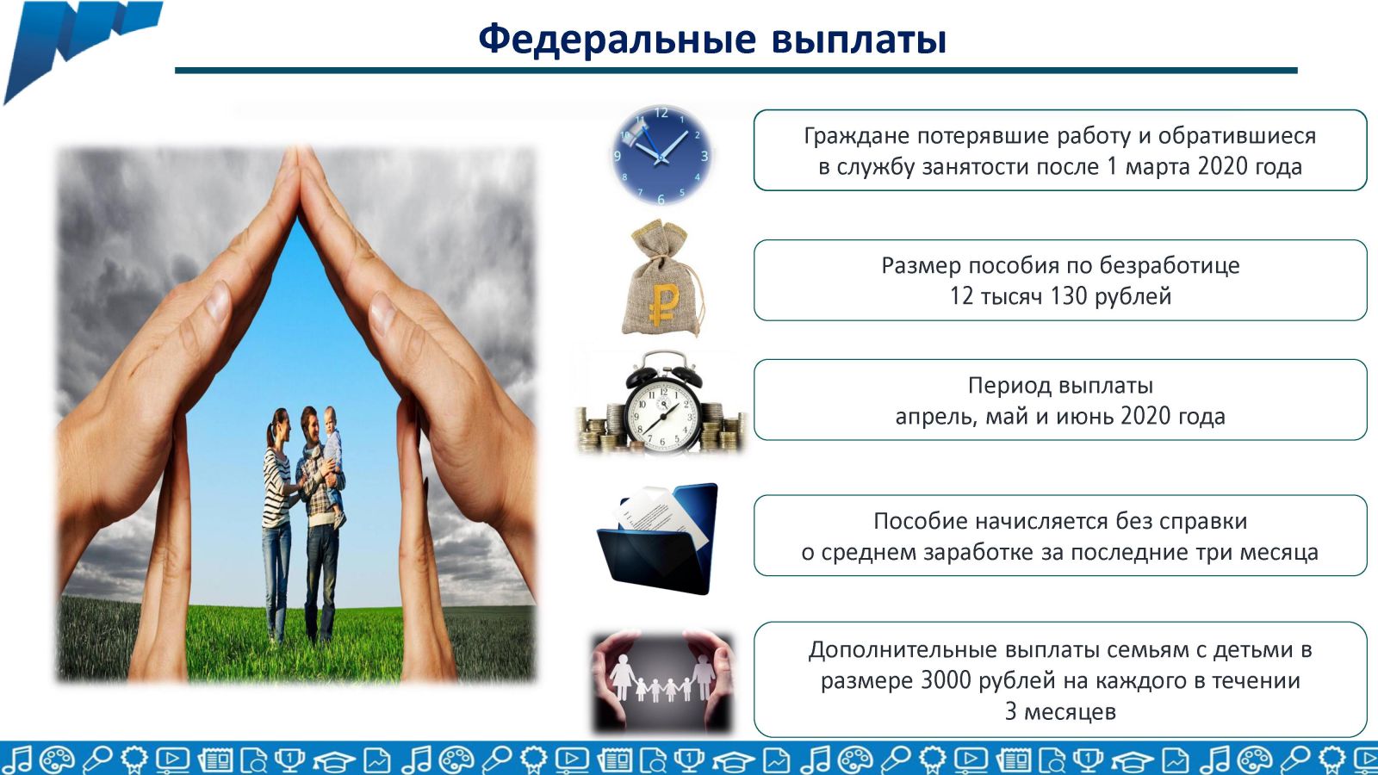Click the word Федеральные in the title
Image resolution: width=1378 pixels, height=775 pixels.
coord(617,40)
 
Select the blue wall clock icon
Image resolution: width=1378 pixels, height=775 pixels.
coord(661,155)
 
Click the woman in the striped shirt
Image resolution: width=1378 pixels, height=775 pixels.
coord(278,523)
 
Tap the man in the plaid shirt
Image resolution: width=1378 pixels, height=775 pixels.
coord(319,523)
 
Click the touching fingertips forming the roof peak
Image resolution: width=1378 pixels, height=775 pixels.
coord(298,152)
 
